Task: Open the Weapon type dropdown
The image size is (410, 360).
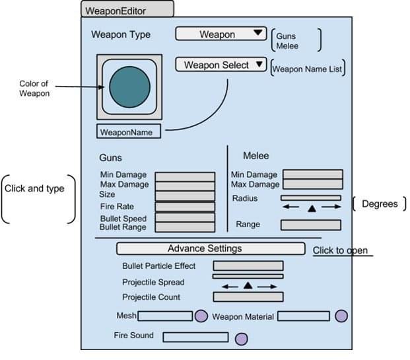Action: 220,34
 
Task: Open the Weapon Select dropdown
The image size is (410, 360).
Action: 221,65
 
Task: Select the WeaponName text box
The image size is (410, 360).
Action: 128,132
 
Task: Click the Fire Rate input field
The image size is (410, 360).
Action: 185,207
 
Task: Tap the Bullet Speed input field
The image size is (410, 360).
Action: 185,217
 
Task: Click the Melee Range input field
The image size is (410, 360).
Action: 310,225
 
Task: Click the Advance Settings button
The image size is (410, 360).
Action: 210,249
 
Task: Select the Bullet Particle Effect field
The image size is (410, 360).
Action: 248,266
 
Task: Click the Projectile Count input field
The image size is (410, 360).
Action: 248,297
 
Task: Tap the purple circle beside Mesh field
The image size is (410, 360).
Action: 201,316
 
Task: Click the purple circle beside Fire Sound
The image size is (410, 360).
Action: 241,339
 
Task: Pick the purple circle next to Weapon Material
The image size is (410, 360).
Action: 341,316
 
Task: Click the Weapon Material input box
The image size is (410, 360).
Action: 303,316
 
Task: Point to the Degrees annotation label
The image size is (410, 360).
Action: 380,204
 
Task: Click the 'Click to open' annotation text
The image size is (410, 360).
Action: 340,250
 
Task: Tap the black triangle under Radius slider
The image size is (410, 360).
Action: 311,209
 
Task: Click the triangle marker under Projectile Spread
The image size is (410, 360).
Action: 248,285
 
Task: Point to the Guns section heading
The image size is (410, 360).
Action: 110,159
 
